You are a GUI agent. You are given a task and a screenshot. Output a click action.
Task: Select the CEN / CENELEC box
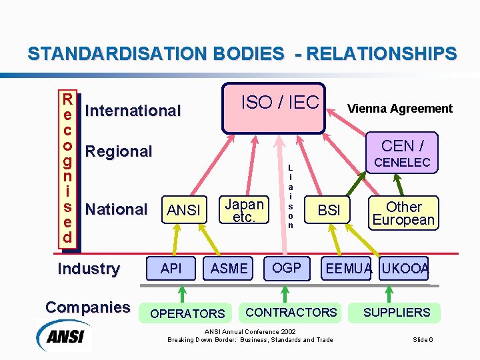[x=405, y=153]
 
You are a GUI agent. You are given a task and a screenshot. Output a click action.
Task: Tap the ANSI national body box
[x=184, y=210]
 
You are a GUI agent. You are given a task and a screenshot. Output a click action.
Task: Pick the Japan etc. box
[x=244, y=210]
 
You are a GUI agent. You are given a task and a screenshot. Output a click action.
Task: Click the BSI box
[x=329, y=210]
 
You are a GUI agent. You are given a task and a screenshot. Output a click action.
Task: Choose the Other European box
[x=403, y=213]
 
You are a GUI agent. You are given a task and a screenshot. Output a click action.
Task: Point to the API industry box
[x=171, y=268]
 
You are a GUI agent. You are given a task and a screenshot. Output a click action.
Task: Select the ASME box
[x=229, y=268]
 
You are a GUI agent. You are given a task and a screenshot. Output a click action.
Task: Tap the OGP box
[x=287, y=268]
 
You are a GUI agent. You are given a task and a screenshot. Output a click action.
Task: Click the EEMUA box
[x=349, y=269]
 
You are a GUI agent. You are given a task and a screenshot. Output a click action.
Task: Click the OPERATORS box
[x=187, y=313]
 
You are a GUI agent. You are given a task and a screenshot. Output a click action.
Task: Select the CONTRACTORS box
[x=291, y=312]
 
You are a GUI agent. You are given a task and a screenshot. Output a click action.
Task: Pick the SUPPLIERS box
[x=397, y=312]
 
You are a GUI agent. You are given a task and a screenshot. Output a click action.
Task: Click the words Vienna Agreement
[x=399, y=109]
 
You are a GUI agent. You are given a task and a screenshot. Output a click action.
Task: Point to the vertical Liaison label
[x=290, y=197]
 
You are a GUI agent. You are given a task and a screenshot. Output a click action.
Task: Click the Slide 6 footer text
[x=423, y=340]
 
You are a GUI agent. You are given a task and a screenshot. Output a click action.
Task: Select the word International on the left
[x=133, y=111]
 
